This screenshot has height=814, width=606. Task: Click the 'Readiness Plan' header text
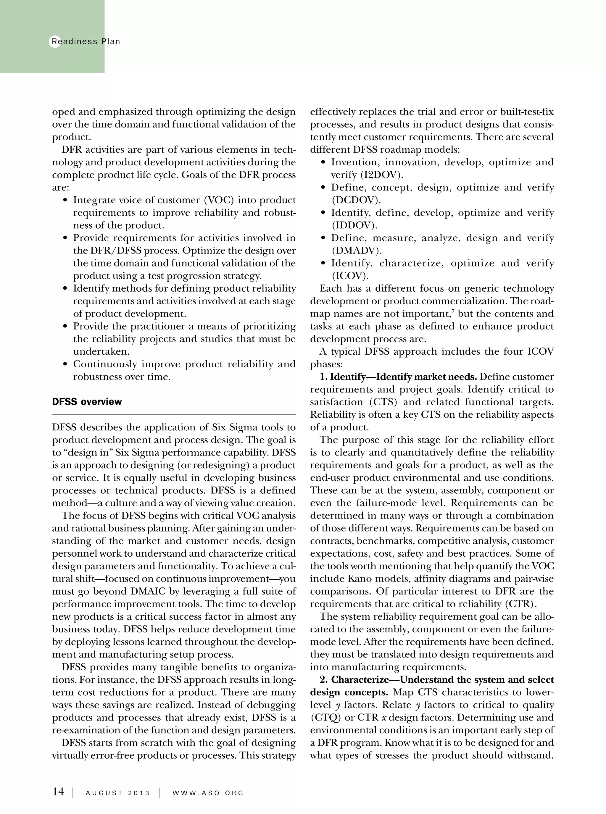click(86, 41)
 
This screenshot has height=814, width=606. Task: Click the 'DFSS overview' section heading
click(87, 402)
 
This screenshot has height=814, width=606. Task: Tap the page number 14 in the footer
click(58, 792)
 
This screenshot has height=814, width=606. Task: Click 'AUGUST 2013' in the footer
click(117, 793)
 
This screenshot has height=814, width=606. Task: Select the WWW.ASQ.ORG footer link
click(208, 793)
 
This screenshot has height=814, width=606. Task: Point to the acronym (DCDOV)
click(356, 200)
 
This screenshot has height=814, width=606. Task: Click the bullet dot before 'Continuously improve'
click(65, 364)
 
